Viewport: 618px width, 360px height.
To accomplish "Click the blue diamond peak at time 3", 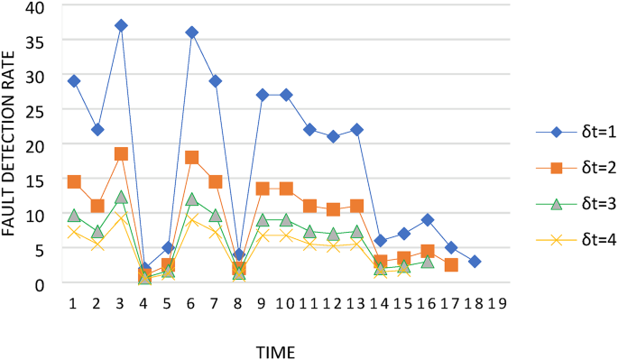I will pyautogui.click(x=121, y=25).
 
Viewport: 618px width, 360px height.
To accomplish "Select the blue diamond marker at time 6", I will pyautogui.click(x=191, y=32).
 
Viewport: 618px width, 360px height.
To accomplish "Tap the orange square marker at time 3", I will pyautogui.click(x=121, y=154).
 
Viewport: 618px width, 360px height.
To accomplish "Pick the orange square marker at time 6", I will pyautogui.click(x=191, y=157).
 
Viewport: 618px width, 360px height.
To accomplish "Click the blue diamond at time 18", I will pyautogui.click(x=475, y=262).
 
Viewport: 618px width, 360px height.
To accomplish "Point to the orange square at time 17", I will pyautogui.click(x=451, y=265).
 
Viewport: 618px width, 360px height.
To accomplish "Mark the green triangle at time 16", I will pyautogui.click(x=428, y=262).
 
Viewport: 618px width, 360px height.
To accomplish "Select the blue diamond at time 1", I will pyautogui.click(x=74, y=81).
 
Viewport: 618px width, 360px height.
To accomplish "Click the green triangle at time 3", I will pyautogui.click(x=121, y=197).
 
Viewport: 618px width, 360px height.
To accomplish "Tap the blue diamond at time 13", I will pyautogui.click(x=356, y=130).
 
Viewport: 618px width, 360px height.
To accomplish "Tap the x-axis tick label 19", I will pyautogui.click(x=496, y=301).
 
